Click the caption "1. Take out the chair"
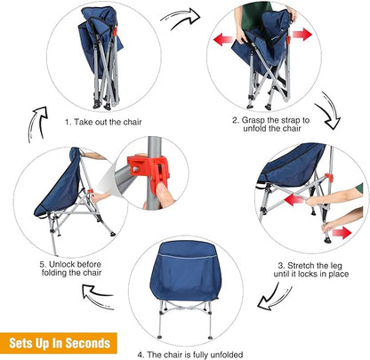pyautogui.click(x=103, y=122)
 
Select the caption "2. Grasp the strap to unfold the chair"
pyautogui.click(x=271, y=124)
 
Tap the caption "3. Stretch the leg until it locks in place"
pyautogui.click(x=311, y=269)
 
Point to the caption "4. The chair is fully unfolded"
pyautogui.click(x=190, y=355)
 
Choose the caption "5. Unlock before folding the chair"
pyautogui.click(x=70, y=268)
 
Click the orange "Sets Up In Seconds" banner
pyautogui.click(x=59, y=343)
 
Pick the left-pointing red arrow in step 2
pyautogui.click(x=223, y=39)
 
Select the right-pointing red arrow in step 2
pyautogui.click(x=302, y=35)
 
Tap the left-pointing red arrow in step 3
pyautogui.click(x=294, y=200)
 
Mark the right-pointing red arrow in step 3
pyautogui.click(x=342, y=233)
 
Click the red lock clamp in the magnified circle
pyautogui.click(x=149, y=172)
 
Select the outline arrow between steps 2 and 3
pyautogui.click(x=328, y=111)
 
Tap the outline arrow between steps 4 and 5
pyautogui.click(x=98, y=296)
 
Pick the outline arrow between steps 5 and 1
pyautogui.click(x=38, y=124)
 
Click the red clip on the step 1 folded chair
pyautogui.click(x=115, y=31)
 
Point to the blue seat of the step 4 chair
pyautogui.click(x=186, y=270)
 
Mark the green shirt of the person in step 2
pyautogui.click(x=255, y=15)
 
